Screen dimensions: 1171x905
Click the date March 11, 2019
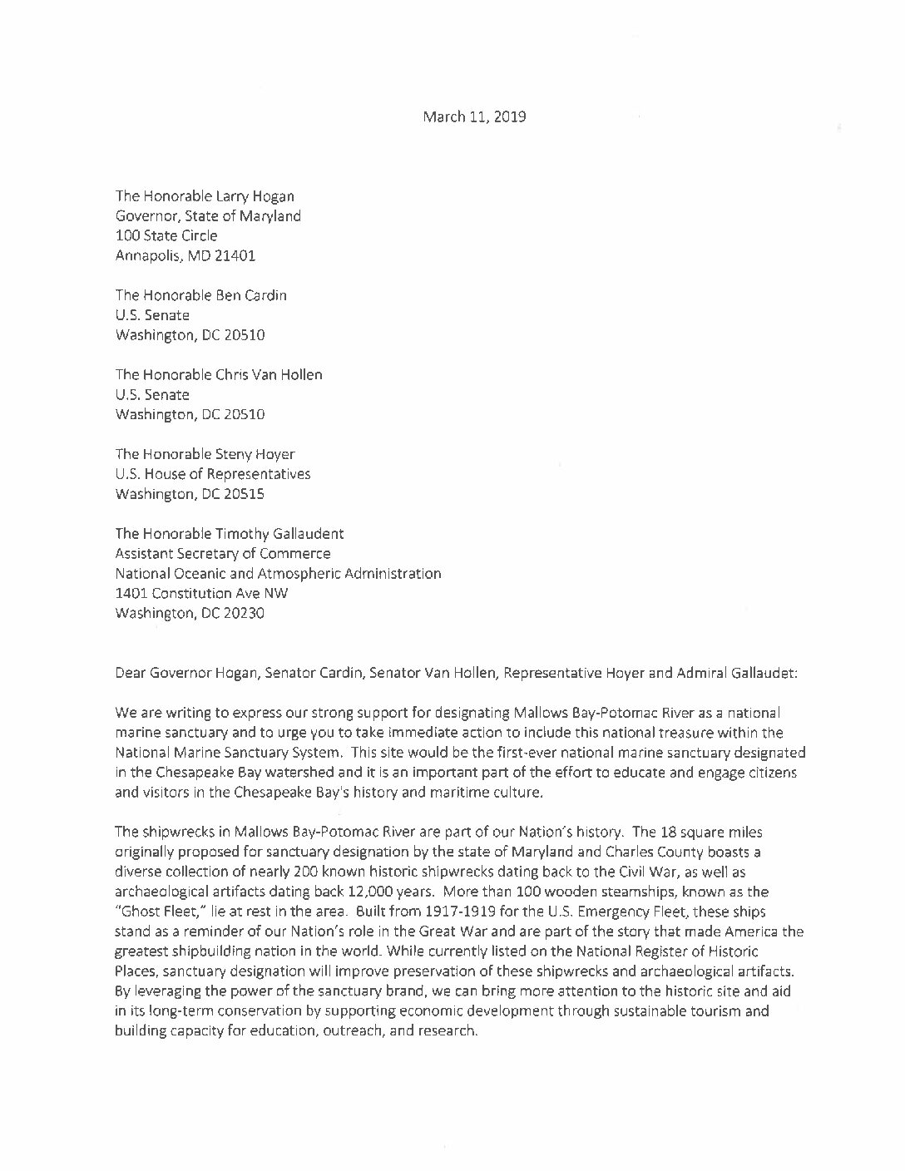474,116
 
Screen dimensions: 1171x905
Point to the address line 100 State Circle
166,236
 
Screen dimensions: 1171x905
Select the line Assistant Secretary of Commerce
222,554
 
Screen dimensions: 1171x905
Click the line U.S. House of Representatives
213,474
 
